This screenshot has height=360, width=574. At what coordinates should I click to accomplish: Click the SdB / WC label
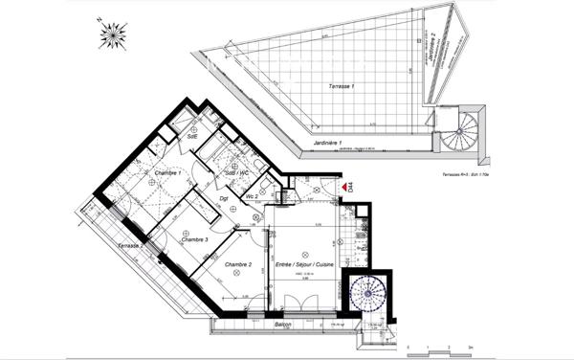click(237, 172)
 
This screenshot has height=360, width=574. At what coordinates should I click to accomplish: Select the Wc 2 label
click(253, 195)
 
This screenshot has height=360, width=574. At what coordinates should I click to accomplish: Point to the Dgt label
click(223, 198)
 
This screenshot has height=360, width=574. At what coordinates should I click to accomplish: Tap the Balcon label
click(282, 326)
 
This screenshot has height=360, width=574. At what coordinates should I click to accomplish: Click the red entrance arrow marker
click(342, 188)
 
